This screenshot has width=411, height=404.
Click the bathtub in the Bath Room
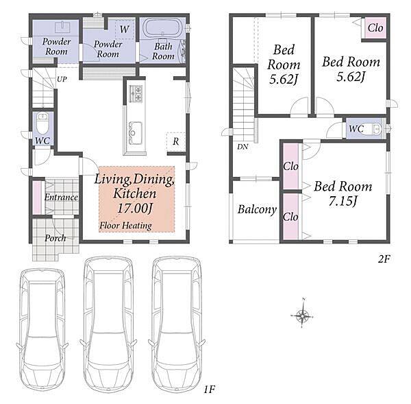162,27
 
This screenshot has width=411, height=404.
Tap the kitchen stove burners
136,93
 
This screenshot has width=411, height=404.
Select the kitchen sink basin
136,133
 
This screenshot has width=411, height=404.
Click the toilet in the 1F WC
42,123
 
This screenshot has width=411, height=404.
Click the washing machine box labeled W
125,29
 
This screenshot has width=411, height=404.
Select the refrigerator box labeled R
175,141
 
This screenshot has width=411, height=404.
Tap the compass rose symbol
302,314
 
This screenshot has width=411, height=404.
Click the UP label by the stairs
62,79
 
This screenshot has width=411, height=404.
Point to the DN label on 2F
242,147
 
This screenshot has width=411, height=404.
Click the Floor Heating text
125,225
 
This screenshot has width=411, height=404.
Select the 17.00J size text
134,209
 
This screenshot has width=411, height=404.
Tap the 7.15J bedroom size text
343,202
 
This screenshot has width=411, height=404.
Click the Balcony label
257,209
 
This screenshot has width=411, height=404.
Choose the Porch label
55,238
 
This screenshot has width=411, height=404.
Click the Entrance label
61,197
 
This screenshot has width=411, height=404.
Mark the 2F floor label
384,259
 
